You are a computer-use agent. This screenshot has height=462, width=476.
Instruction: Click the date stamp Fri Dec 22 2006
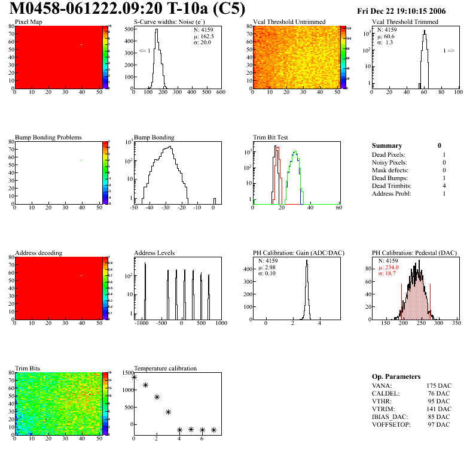pos(401,11)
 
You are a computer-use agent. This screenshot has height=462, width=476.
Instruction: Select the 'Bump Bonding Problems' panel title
pos(48,138)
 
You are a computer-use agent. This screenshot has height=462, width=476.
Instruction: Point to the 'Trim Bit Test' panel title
pos(271,138)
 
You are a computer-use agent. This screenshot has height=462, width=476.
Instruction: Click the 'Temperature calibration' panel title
pos(166,368)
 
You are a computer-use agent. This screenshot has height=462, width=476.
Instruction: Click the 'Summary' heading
pos(387,145)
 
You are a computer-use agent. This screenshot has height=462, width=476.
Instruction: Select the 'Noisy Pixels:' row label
pos(389,162)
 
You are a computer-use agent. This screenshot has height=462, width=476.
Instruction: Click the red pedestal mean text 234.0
pos(392,268)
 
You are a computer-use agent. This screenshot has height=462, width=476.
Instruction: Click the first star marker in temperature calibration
pos(135,378)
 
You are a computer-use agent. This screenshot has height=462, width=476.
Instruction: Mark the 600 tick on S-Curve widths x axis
pos(220,92)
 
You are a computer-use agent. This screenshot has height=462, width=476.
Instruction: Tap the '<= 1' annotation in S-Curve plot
pos(144,51)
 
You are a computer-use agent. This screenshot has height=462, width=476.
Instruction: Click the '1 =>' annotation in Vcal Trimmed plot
pos(448,51)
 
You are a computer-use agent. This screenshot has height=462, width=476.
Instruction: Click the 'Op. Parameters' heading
pos(396,376)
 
